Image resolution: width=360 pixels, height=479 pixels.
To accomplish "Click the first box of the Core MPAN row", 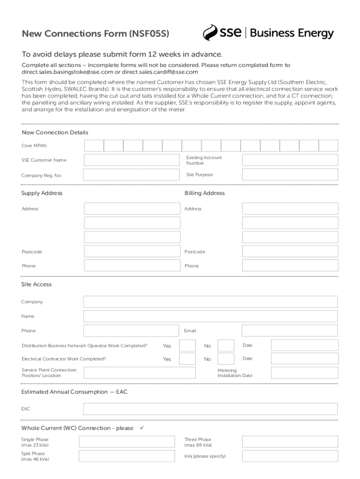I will pos(94,145).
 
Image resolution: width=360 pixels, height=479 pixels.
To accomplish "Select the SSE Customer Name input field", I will pos(132,160).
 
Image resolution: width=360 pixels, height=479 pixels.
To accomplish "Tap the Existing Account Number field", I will pos(290,160).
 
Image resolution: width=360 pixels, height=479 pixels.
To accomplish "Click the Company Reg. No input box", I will pos(132,175).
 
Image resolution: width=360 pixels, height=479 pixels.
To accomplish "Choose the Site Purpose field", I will pos(290,174).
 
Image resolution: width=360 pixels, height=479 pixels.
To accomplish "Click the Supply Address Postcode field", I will pos(132,252).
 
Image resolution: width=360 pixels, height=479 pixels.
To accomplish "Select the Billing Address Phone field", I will pos(290,265).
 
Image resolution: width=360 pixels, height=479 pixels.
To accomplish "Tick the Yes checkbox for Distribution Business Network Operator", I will pos(187,346).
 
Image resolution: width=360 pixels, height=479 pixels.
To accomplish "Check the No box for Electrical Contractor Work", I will pos(226,359).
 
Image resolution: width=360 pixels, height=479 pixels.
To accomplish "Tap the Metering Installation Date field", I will pos(304,373).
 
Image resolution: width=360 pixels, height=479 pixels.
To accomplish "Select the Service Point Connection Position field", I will pos(139,373).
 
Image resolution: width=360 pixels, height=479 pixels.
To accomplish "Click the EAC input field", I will pos(210,409).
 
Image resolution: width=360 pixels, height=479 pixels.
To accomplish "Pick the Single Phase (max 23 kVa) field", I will pos(129,442).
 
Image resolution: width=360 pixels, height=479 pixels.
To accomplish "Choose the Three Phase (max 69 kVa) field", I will pos(290,442).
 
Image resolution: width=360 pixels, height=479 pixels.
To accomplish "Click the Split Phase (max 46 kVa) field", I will pos(129,456).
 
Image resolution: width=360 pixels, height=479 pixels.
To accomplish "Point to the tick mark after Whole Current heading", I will pos(143,428).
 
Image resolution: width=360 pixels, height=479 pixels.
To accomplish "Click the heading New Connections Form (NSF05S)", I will pos(95,34).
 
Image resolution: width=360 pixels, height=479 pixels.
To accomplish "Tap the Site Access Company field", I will pos(210,302).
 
